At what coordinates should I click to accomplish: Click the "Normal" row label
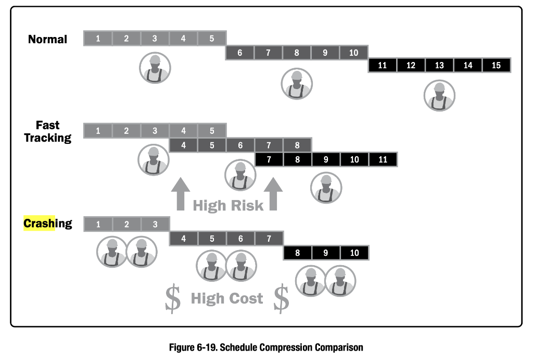47,39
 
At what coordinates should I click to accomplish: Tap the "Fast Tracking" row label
47,132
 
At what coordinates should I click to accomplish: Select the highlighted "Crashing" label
47,224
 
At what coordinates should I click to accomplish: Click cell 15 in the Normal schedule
496,66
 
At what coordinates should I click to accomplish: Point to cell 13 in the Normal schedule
439,66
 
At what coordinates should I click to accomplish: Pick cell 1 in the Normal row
98,38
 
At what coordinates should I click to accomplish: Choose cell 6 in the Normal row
239,53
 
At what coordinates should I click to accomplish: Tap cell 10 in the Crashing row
354,253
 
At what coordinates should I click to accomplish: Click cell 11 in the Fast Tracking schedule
383,159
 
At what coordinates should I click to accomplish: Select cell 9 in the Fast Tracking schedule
326,159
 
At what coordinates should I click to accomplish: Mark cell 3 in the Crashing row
155,224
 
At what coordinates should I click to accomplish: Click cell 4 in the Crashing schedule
183,239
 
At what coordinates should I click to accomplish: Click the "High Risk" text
228,205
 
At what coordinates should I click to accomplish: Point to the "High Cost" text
227,299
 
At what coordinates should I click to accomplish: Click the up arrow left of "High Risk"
181,193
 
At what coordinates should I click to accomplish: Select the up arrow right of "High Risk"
273,193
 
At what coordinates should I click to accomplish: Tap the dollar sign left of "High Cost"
172,299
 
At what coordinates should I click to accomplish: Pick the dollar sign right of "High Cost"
281,299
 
